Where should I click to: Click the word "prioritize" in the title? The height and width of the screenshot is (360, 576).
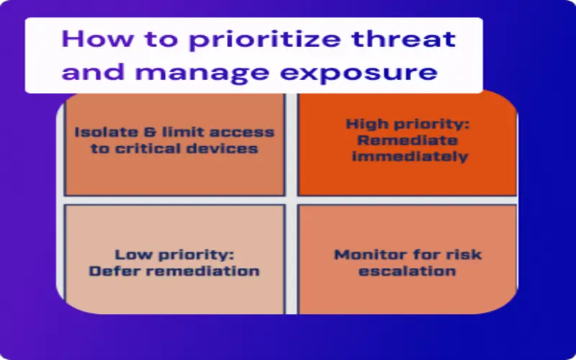(x=264, y=40)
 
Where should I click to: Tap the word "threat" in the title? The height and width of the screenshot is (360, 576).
(x=404, y=38)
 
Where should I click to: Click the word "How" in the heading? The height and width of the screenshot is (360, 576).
(x=97, y=38)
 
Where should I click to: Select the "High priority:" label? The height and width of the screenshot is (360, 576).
(x=408, y=125)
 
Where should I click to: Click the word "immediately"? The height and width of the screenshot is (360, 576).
(x=410, y=156)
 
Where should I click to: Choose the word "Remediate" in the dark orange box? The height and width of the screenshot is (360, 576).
(x=408, y=140)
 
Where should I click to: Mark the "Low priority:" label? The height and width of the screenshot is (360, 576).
(x=174, y=255)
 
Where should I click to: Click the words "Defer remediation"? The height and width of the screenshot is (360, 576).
(x=174, y=271)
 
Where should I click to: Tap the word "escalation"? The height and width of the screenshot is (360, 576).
(x=407, y=271)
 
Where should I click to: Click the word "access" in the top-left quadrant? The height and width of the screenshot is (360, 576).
(x=242, y=132)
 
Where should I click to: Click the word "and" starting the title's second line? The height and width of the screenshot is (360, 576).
(x=94, y=73)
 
